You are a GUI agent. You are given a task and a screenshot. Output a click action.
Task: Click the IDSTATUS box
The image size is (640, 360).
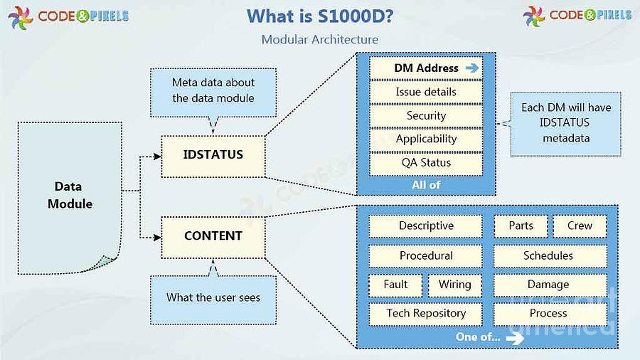pos(213,157)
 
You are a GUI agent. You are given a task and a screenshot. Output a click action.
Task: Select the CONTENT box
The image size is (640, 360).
pos(213,238)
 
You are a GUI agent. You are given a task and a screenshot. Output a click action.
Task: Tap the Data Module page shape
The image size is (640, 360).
pos(70,198)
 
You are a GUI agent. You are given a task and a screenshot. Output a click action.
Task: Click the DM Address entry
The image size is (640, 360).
pos(426,68)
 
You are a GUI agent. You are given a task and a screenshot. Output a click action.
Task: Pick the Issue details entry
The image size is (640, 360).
pos(426,92)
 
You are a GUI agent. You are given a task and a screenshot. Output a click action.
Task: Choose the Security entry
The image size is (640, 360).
pos(426,115)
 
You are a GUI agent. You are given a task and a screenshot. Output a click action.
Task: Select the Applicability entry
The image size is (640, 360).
pos(426,139)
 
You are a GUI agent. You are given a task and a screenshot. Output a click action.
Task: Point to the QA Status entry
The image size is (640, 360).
pos(426,163)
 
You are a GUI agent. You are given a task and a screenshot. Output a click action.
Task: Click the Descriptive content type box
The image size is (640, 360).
pos(426,226)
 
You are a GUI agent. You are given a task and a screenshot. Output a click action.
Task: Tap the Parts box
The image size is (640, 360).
pos(521,226)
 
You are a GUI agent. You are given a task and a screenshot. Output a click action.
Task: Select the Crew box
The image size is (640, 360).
pos(580,226)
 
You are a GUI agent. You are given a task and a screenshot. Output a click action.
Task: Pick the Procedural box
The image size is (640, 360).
pos(426,256)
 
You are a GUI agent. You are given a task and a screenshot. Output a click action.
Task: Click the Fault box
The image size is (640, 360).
pos(395,285)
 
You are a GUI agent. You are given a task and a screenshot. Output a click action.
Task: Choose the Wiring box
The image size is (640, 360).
pos(454,285)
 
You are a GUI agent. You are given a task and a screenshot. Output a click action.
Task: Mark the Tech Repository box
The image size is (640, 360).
pos(426,314)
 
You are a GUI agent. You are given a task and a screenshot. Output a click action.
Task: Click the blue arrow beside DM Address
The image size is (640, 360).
pos(472,68)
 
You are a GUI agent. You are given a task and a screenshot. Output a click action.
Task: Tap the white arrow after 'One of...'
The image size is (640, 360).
pos(515,338)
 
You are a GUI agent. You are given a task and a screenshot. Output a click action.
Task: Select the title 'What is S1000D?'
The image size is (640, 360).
pos(320,16)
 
